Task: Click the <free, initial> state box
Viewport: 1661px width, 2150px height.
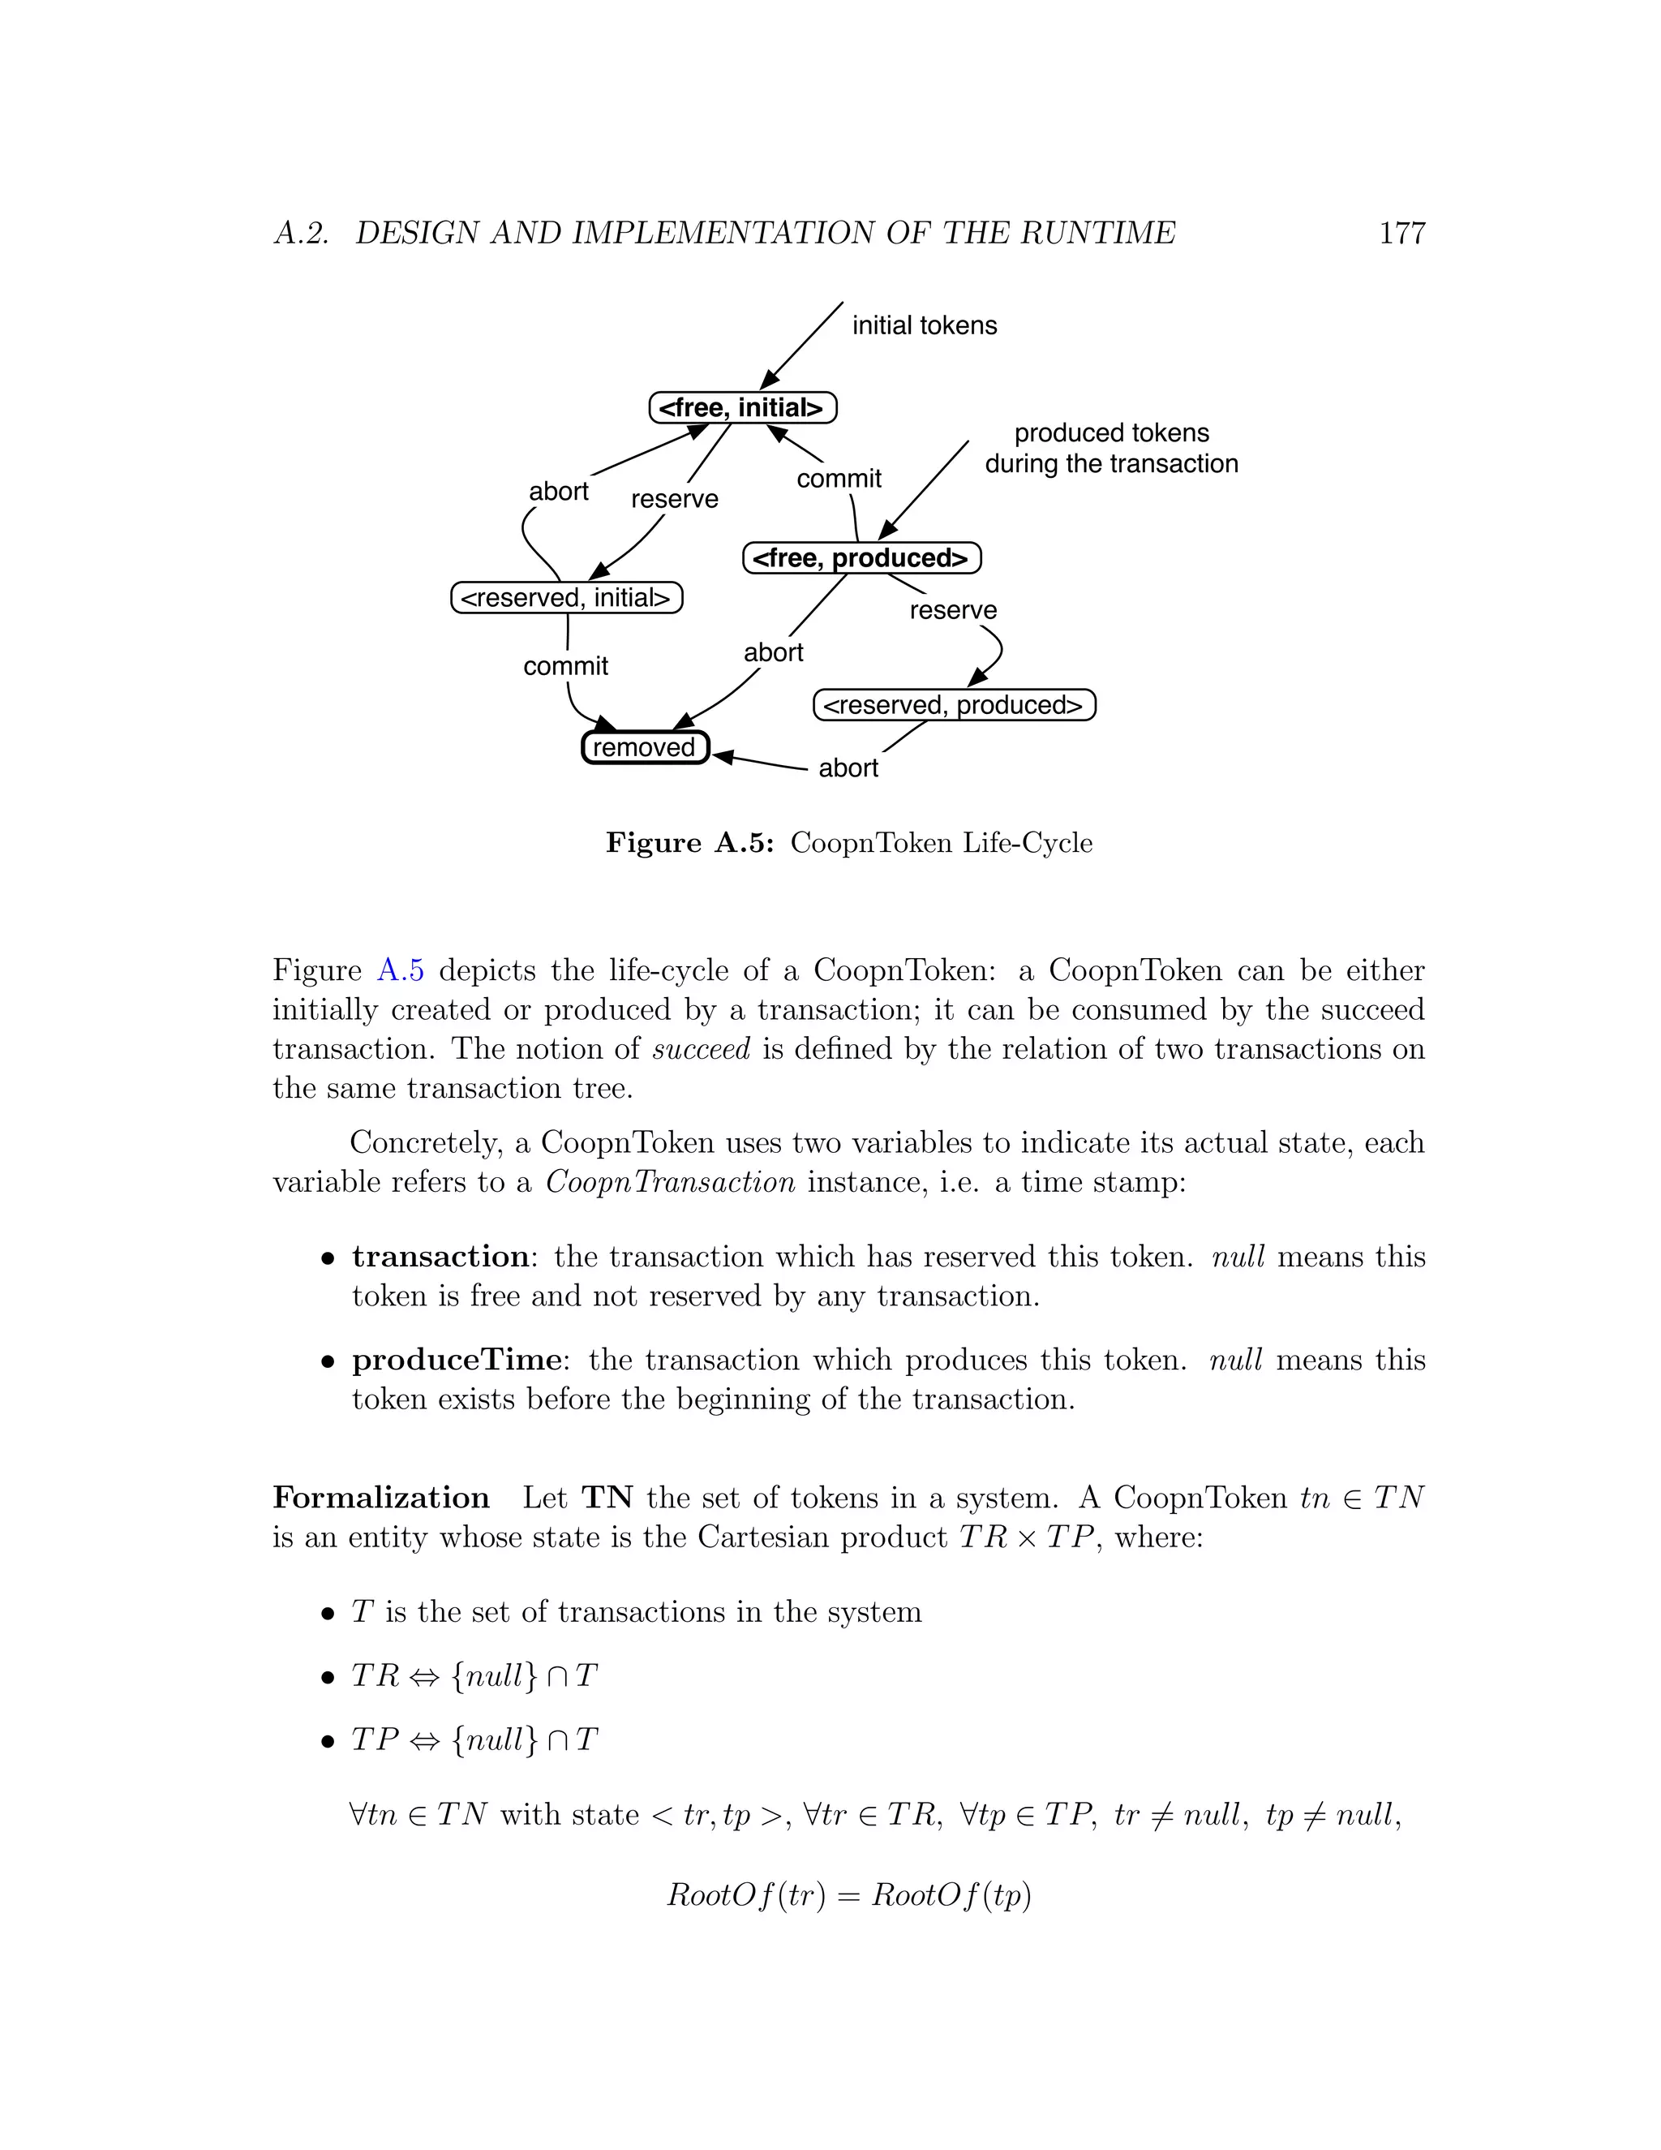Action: [742, 407]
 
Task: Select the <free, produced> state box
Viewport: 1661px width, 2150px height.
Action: [861, 558]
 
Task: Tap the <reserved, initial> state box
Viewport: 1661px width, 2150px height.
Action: [566, 598]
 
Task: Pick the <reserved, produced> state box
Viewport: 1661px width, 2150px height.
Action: [954, 705]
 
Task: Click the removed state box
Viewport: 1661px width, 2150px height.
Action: [645, 747]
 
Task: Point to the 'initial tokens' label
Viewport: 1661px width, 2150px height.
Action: [923, 326]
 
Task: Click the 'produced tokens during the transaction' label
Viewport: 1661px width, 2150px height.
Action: [1111, 448]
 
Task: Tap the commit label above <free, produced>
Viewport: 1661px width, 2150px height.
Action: [839, 479]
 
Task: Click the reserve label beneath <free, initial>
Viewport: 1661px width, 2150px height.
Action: [674, 499]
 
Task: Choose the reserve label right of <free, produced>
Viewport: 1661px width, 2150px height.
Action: [952, 610]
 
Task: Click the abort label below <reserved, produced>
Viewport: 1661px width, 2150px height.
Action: [848, 768]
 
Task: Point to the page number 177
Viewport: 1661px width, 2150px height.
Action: [1401, 234]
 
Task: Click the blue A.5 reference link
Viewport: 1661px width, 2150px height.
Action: [401, 970]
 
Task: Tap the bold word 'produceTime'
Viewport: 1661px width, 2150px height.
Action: [457, 1360]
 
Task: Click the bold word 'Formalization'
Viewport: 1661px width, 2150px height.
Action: [381, 1498]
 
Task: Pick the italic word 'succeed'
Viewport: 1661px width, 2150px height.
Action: [701, 1048]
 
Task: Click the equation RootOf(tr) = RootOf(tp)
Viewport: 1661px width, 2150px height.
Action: [848, 1895]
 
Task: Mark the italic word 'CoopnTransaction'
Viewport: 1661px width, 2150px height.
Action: [670, 1181]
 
